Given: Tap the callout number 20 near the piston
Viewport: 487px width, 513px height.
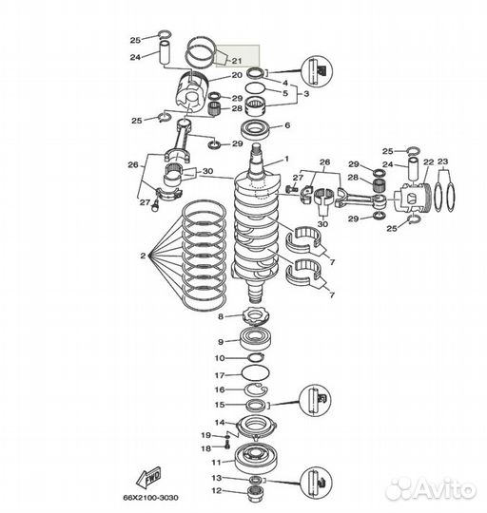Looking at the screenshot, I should pyautogui.click(x=237, y=75).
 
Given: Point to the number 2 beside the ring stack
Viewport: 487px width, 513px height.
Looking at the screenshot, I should pyautogui.click(x=143, y=256).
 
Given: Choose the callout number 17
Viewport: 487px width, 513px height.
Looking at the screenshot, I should pyautogui.click(x=220, y=374).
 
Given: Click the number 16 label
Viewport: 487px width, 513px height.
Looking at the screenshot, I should pyautogui.click(x=220, y=389).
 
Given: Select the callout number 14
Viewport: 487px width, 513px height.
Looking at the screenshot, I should pyautogui.click(x=220, y=423).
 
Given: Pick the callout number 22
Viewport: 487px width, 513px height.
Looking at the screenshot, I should pyautogui.click(x=428, y=163).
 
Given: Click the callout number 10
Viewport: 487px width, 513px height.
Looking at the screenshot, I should pyautogui.click(x=220, y=358).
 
